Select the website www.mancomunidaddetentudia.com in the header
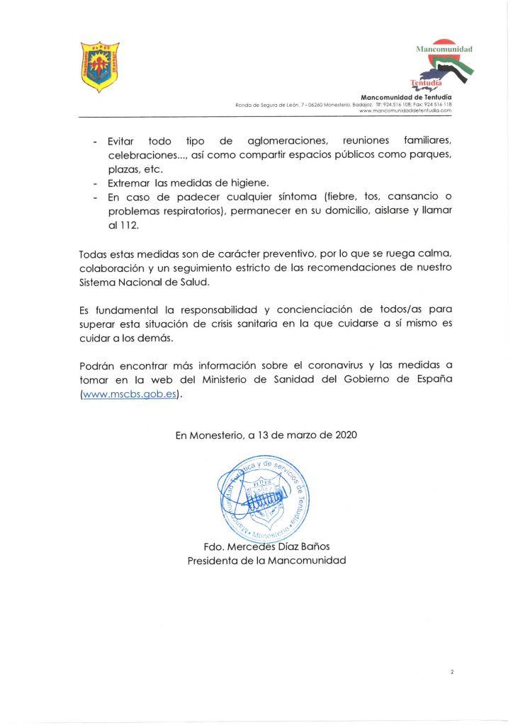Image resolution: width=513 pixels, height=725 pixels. point(405,111)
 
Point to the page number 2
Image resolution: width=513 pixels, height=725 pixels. point(451,670)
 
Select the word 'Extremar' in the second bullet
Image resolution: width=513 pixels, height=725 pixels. point(129,183)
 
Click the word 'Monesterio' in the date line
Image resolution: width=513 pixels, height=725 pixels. point(216,436)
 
